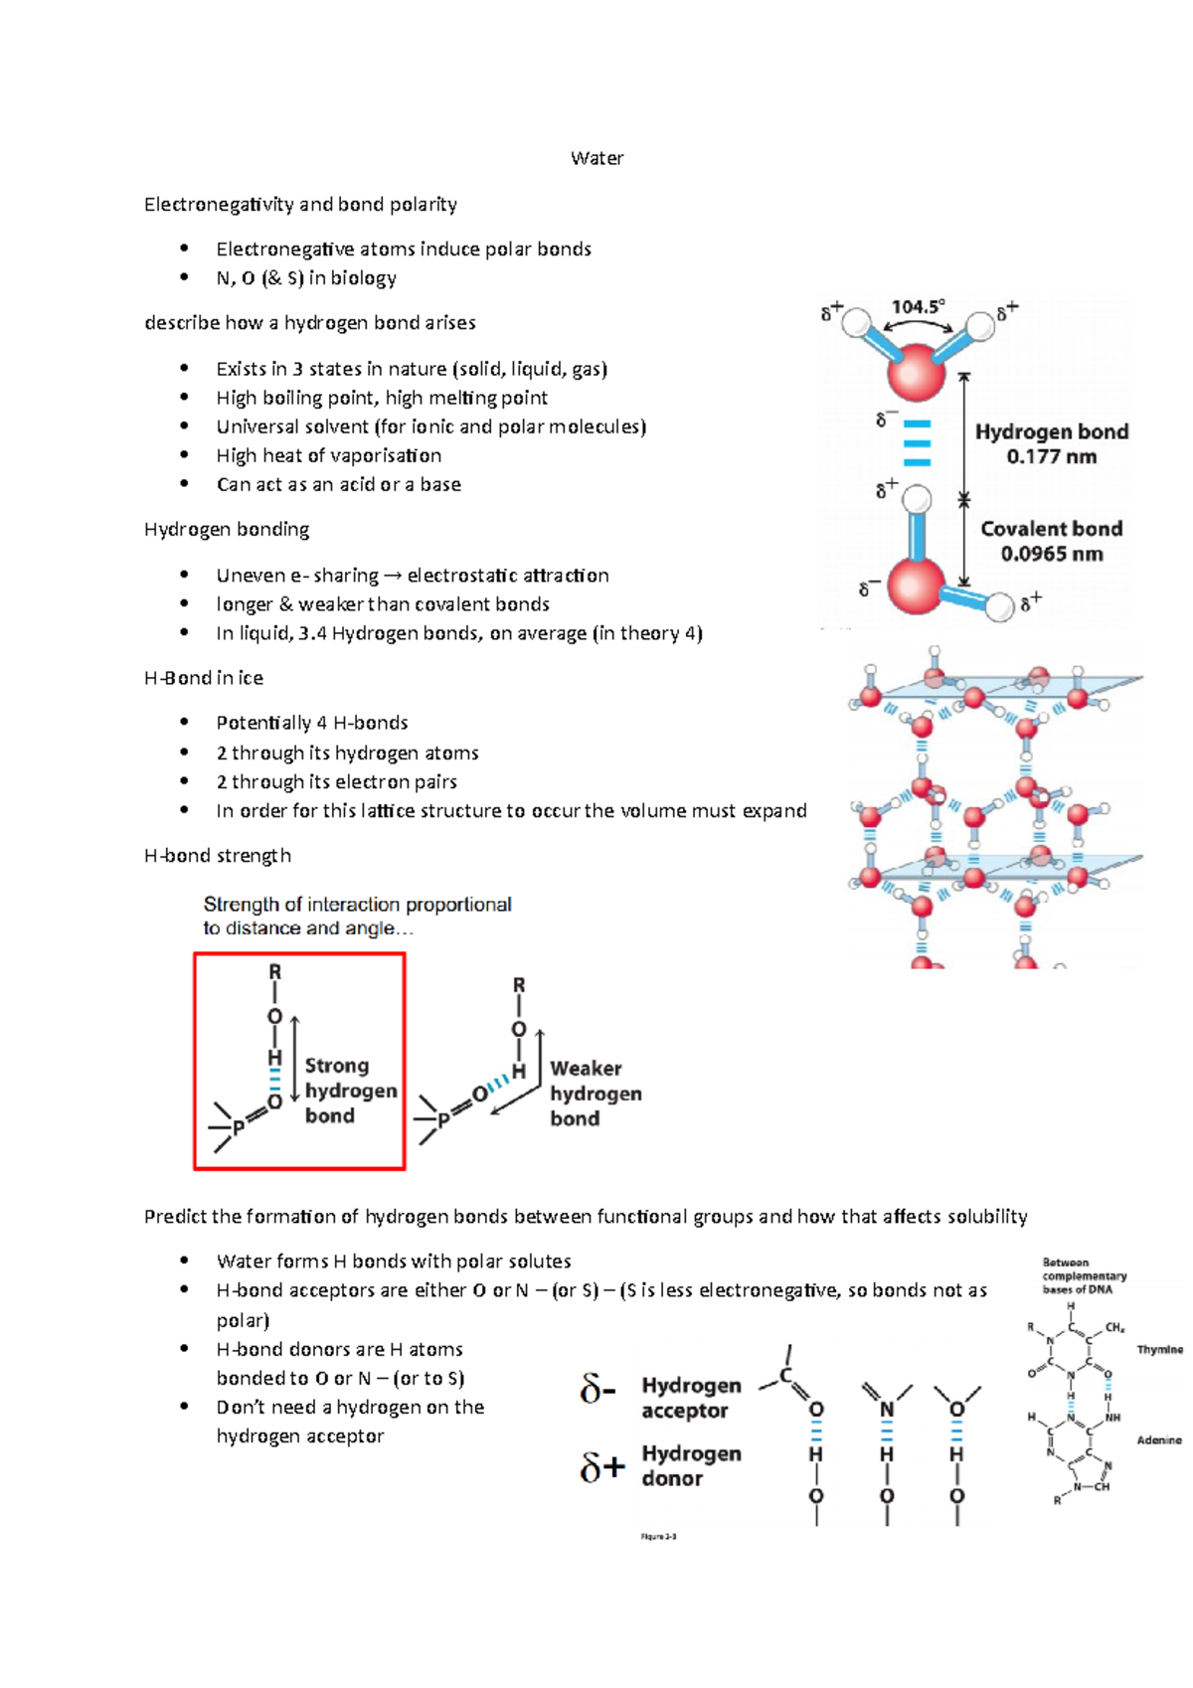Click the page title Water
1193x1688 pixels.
coord(596,158)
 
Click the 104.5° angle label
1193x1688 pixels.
coord(918,307)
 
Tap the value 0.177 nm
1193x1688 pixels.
coord(1051,457)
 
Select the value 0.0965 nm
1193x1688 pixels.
coord(1051,555)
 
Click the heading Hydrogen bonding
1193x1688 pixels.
coord(227,530)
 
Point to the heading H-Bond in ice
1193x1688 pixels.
coord(204,678)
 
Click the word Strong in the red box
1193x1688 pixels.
coord(336,1066)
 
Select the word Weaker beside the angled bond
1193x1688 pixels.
coord(586,1069)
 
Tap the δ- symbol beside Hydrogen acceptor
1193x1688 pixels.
coord(598,1389)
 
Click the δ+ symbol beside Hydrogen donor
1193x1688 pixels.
coord(602,1466)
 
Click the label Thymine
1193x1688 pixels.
coord(1159,1350)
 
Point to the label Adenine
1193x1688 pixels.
coord(1159,1440)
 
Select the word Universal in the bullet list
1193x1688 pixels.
coord(254,427)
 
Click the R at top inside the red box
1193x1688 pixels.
coord(275,971)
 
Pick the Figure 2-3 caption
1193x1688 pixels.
coord(658,1537)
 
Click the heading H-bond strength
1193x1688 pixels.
coord(218,856)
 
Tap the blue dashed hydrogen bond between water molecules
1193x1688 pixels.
coord(917,442)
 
